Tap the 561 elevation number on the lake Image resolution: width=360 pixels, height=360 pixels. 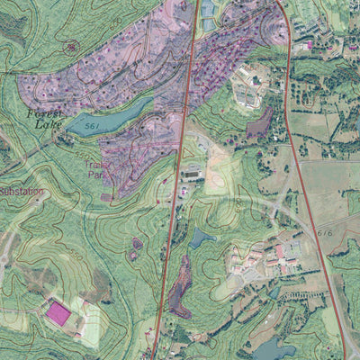coord(91,128)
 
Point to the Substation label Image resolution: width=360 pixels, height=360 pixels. coord(20,192)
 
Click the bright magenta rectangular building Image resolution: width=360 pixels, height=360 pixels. coord(59,313)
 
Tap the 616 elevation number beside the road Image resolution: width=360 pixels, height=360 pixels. coord(326,232)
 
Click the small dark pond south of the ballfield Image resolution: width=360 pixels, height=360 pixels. coord(202,238)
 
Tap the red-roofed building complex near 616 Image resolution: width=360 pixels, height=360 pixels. coord(279,257)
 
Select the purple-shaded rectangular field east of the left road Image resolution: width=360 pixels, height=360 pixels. coord(259,123)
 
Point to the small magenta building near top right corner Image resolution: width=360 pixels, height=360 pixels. coord(309,44)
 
